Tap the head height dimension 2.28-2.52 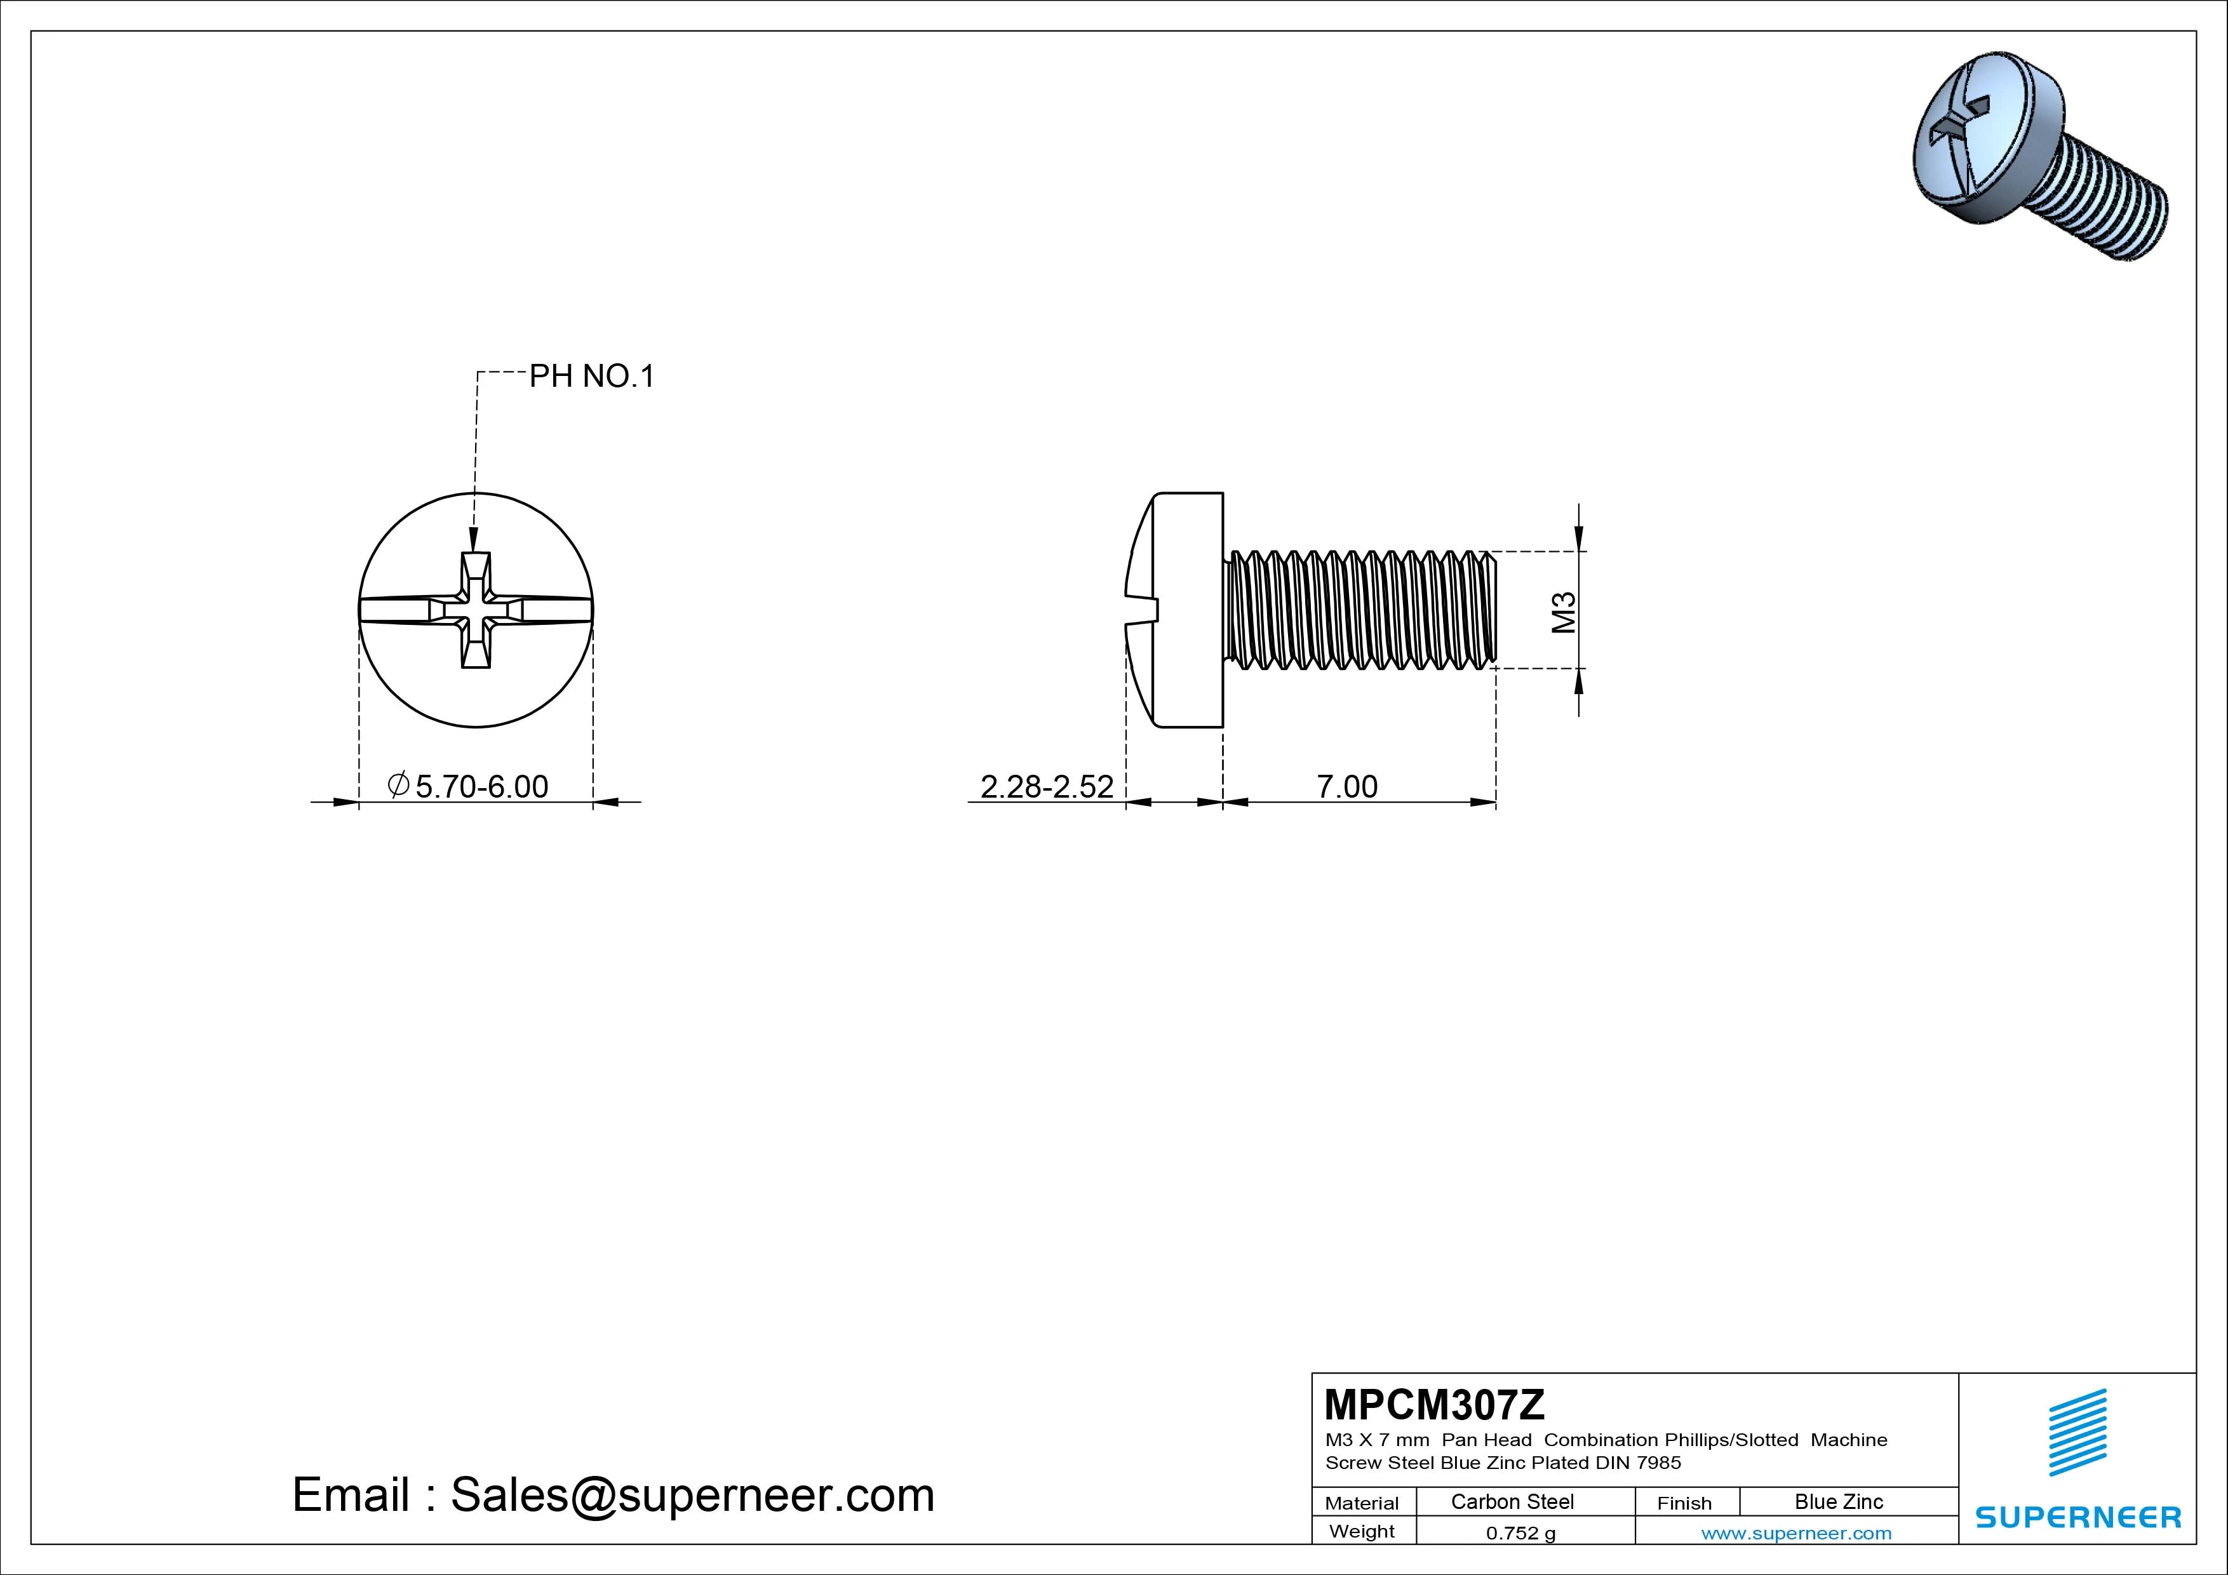1047,786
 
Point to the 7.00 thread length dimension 1347,786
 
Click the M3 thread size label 1563,612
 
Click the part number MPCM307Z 1434,1404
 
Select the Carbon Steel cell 1512,1501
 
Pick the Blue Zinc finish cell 1839,1501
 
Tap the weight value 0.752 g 1520,1533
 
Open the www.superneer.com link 1796,1533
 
